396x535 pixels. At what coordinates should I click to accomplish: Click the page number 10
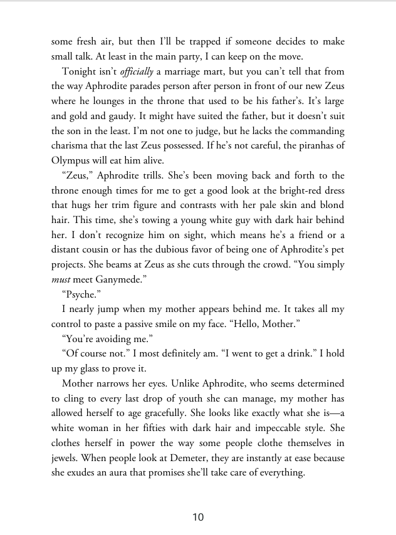(x=198, y=517)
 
